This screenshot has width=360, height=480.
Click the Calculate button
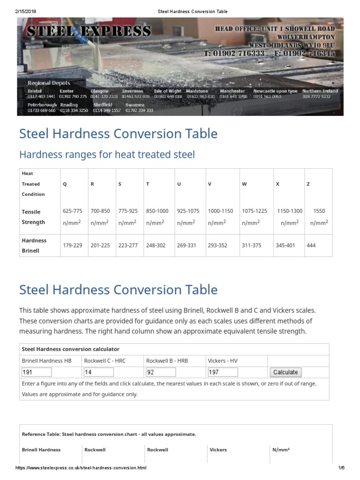(285, 372)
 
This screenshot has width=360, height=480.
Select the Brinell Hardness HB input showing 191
(37, 372)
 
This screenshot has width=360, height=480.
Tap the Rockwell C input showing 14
(98, 372)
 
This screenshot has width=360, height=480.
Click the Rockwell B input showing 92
(161, 372)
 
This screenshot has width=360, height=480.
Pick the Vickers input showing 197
(223, 372)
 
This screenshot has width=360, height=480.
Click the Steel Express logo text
(89, 31)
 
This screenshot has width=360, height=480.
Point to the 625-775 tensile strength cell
(73, 211)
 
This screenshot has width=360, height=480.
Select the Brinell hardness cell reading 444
(311, 245)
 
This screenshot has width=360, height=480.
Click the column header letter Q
(65, 184)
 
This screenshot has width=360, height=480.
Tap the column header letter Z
(308, 184)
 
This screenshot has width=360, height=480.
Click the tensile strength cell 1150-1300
(289, 211)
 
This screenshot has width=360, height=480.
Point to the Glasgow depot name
(99, 91)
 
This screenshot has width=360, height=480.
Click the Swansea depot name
(135, 105)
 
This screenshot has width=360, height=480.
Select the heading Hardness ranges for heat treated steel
(106, 154)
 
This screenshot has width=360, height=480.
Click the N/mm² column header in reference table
(281, 450)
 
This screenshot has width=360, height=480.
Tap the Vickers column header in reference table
(218, 450)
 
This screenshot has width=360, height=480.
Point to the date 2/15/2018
(25, 11)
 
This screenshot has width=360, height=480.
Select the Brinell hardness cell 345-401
(285, 245)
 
